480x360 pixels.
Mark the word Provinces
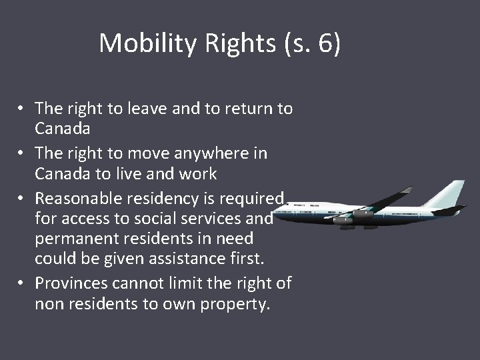click(72, 283)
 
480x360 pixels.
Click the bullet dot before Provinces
click(22, 283)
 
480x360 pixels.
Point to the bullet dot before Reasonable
click(22, 197)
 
